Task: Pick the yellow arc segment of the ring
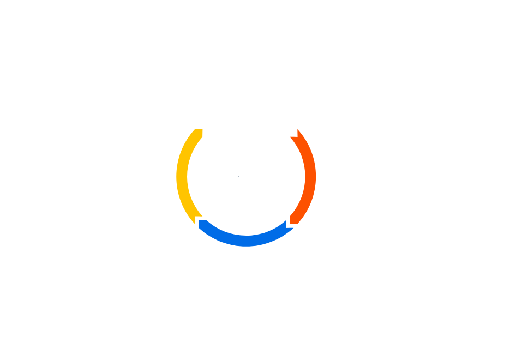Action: pyautogui.click(x=184, y=177)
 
